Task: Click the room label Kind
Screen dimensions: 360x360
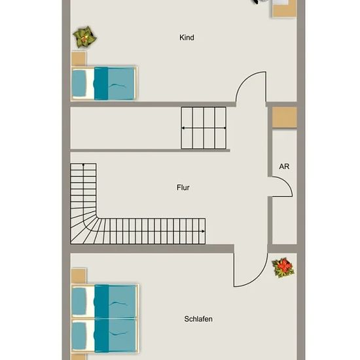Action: point(187,37)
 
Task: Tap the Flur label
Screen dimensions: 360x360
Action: point(183,188)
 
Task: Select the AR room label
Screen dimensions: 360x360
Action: point(284,166)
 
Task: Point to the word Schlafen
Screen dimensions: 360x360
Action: point(198,319)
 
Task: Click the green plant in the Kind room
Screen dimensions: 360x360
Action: point(84,37)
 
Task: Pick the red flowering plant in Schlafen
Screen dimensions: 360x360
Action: point(283,268)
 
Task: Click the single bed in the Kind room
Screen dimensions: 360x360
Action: point(104,83)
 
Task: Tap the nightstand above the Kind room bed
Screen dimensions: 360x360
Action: point(79,58)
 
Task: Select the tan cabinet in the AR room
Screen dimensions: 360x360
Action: point(285,117)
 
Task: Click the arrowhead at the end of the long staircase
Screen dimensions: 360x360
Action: point(203,231)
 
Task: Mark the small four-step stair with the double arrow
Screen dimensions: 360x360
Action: point(204,128)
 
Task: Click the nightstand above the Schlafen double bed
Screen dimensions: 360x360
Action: point(79,276)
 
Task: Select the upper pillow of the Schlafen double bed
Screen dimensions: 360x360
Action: point(79,301)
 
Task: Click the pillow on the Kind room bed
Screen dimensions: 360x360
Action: point(79,83)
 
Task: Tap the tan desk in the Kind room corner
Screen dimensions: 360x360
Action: point(285,9)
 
